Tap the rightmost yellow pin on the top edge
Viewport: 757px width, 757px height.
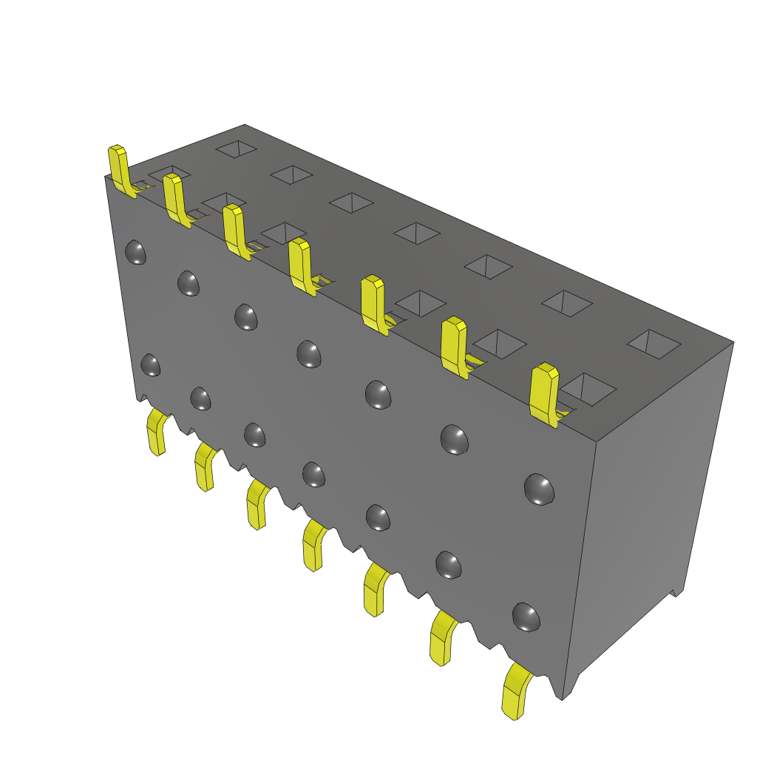coord(546,393)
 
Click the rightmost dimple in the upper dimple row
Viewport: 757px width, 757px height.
coord(539,489)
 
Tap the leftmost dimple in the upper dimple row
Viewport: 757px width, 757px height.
coord(135,252)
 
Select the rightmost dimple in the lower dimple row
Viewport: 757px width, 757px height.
coord(526,617)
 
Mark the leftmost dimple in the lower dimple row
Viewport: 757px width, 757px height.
coord(150,364)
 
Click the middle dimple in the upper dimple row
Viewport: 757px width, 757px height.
coord(309,353)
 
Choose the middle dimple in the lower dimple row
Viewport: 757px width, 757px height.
coord(313,474)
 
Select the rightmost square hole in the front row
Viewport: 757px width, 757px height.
coord(588,388)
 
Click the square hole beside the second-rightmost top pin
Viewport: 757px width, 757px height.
coord(500,343)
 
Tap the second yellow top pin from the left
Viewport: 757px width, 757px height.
coord(175,198)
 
